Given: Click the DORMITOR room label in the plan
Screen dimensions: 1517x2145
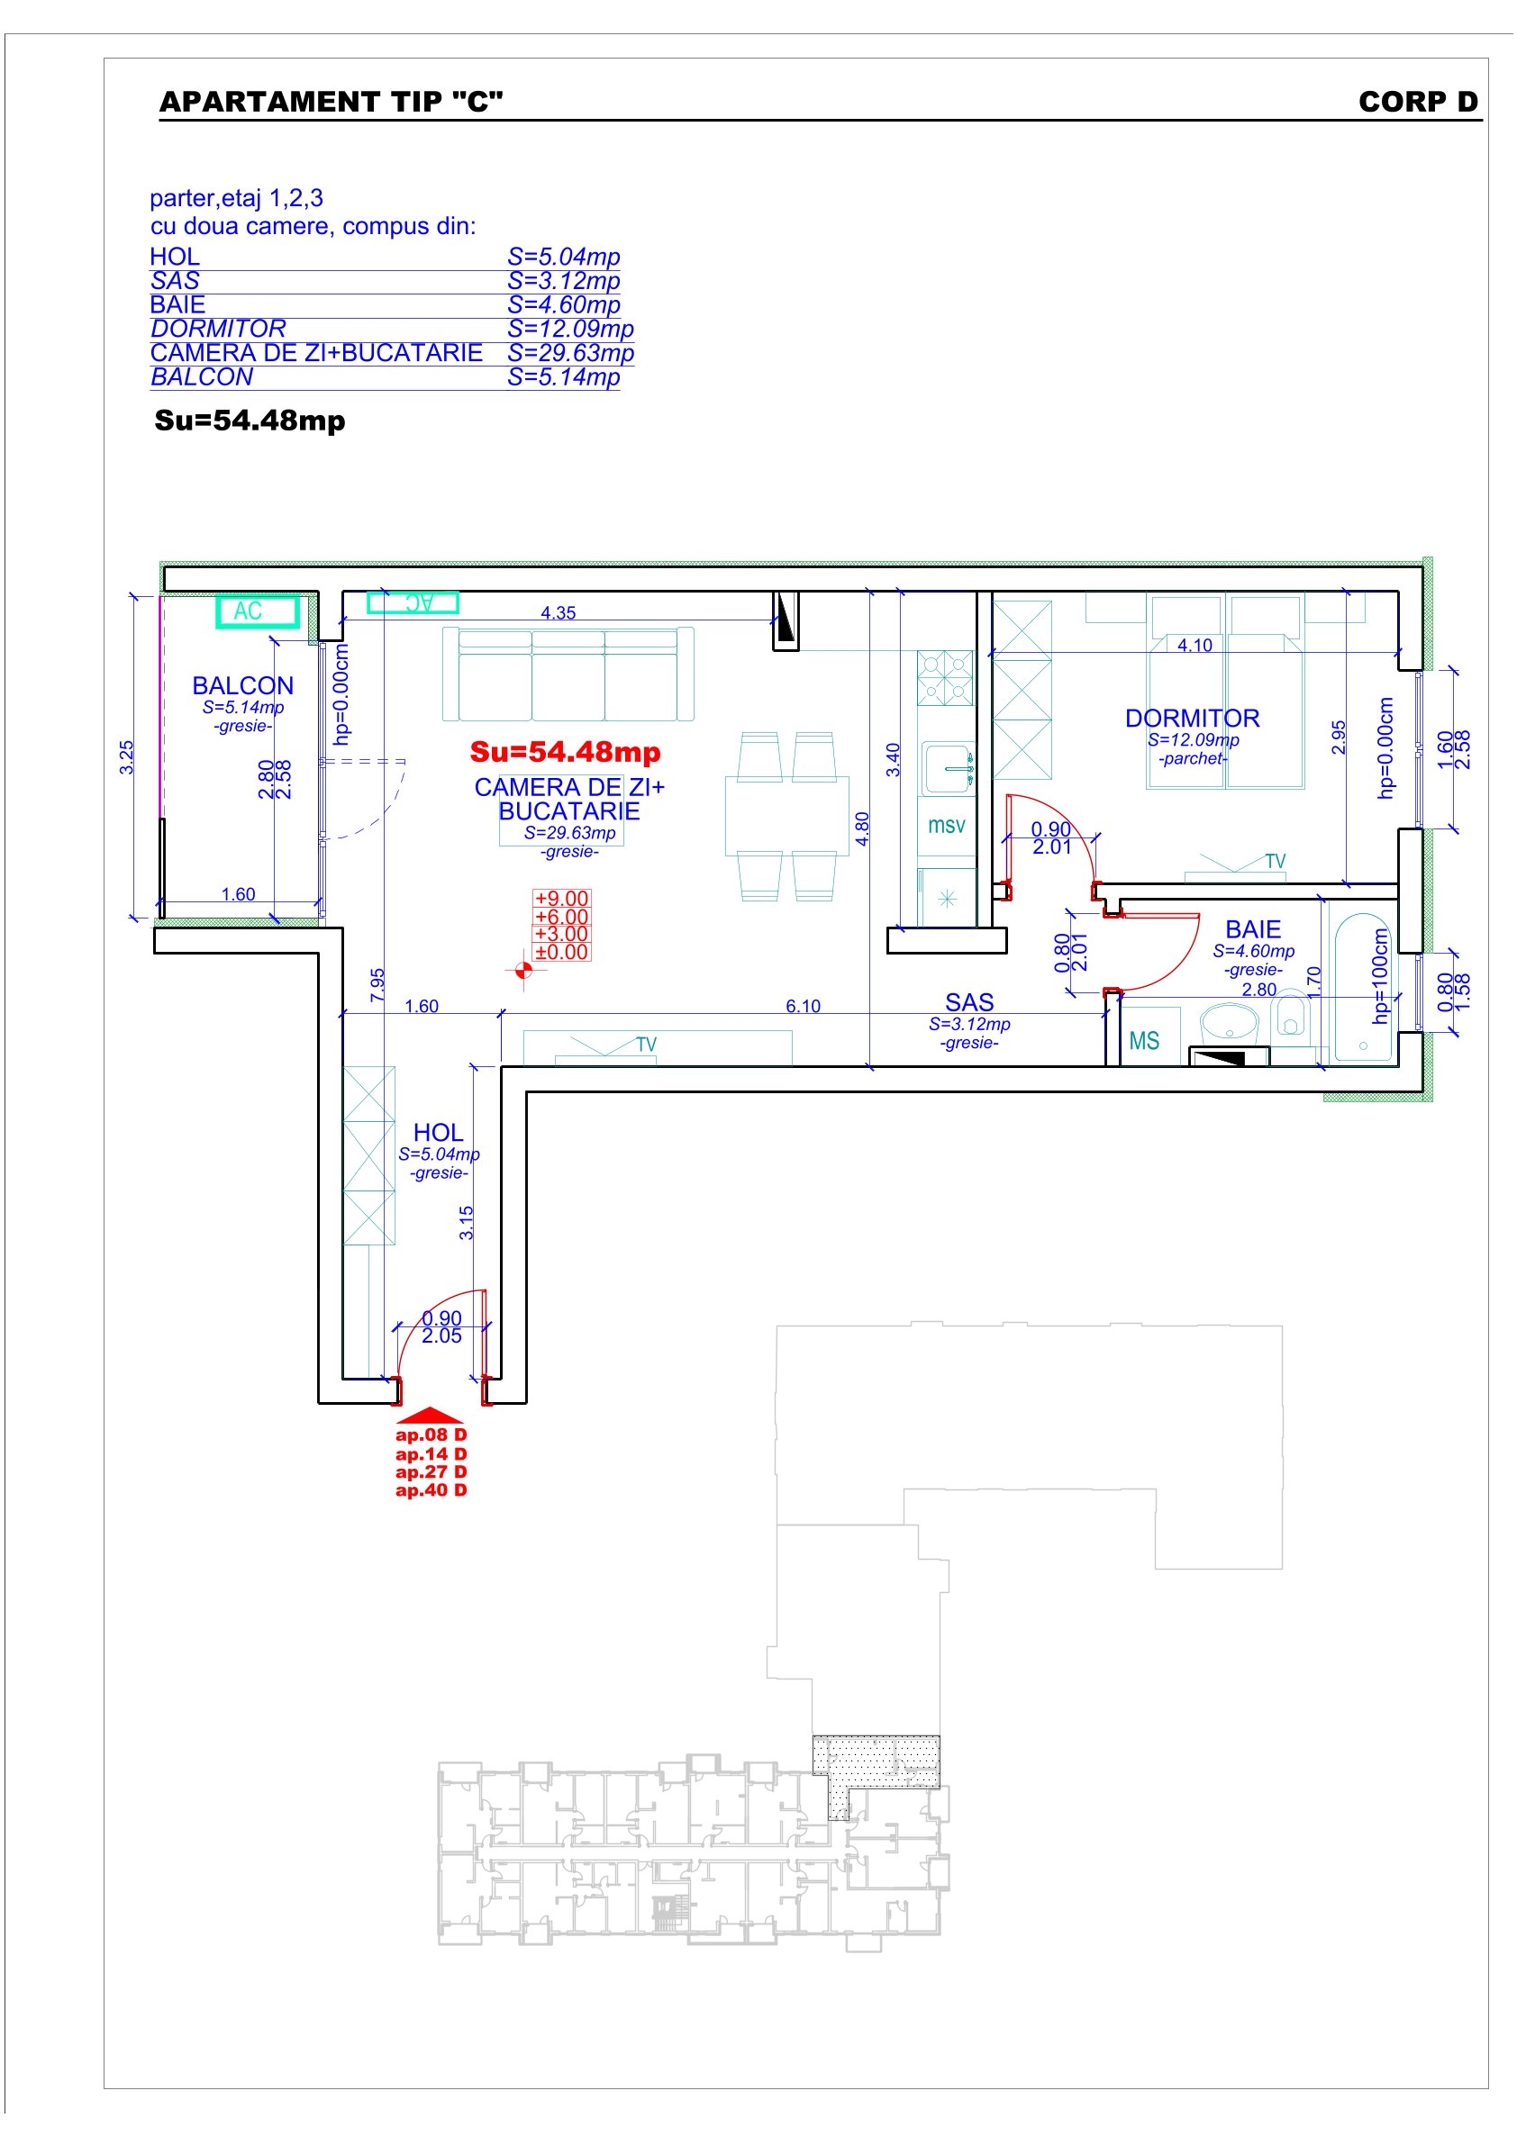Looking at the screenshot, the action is [1192, 718].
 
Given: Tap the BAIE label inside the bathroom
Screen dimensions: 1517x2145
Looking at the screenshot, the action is [1252, 929].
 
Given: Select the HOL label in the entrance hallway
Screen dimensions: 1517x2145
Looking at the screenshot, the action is [438, 1132].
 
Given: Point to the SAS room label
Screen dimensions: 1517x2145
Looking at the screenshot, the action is [969, 1002].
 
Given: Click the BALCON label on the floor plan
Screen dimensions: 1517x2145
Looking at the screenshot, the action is [243, 685].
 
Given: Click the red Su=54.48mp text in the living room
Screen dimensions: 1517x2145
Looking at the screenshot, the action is [565, 751].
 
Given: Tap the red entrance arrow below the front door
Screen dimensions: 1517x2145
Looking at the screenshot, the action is [431, 1416].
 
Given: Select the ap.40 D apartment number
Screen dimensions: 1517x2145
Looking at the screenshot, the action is [431, 1490].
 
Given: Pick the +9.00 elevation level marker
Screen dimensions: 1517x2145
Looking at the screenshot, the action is [561, 899].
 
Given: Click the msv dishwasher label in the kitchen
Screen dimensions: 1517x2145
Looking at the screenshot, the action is [946, 825].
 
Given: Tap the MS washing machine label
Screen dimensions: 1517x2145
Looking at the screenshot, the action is [1144, 1041].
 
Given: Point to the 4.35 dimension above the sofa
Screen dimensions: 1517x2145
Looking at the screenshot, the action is [558, 613].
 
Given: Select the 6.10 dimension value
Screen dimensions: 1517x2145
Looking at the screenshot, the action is [803, 1006].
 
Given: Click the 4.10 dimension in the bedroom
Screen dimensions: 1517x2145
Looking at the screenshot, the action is [1195, 646].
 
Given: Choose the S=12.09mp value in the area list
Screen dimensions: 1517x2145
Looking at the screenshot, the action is [570, 329].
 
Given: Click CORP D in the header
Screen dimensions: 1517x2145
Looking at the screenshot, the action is [1418, 102].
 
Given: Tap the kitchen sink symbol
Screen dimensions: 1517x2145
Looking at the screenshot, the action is [949, 768].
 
